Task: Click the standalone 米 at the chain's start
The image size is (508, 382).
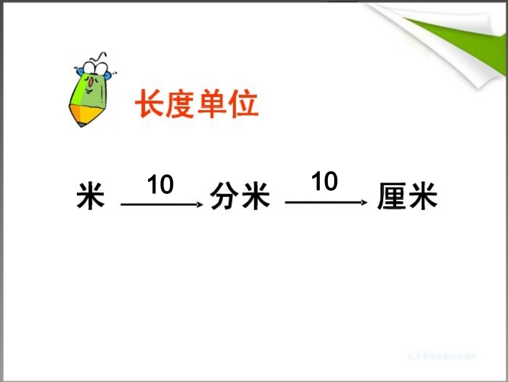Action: tap(90, 197)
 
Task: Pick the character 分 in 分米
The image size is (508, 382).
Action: tap(224, 197)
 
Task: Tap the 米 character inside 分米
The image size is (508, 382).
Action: tap(255, 197)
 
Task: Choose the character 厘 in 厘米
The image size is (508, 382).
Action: tap(391, 197)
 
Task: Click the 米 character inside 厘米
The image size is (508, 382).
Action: tap(422, 197)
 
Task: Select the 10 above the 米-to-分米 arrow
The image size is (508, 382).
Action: tap(160, 185)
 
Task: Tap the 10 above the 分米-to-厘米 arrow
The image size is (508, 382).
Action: tap(325, 182)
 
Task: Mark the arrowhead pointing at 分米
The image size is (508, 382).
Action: tap(201, 204)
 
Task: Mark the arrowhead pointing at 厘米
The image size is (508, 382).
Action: tap(365, 203)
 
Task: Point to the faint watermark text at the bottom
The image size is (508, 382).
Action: tap(442, 356)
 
